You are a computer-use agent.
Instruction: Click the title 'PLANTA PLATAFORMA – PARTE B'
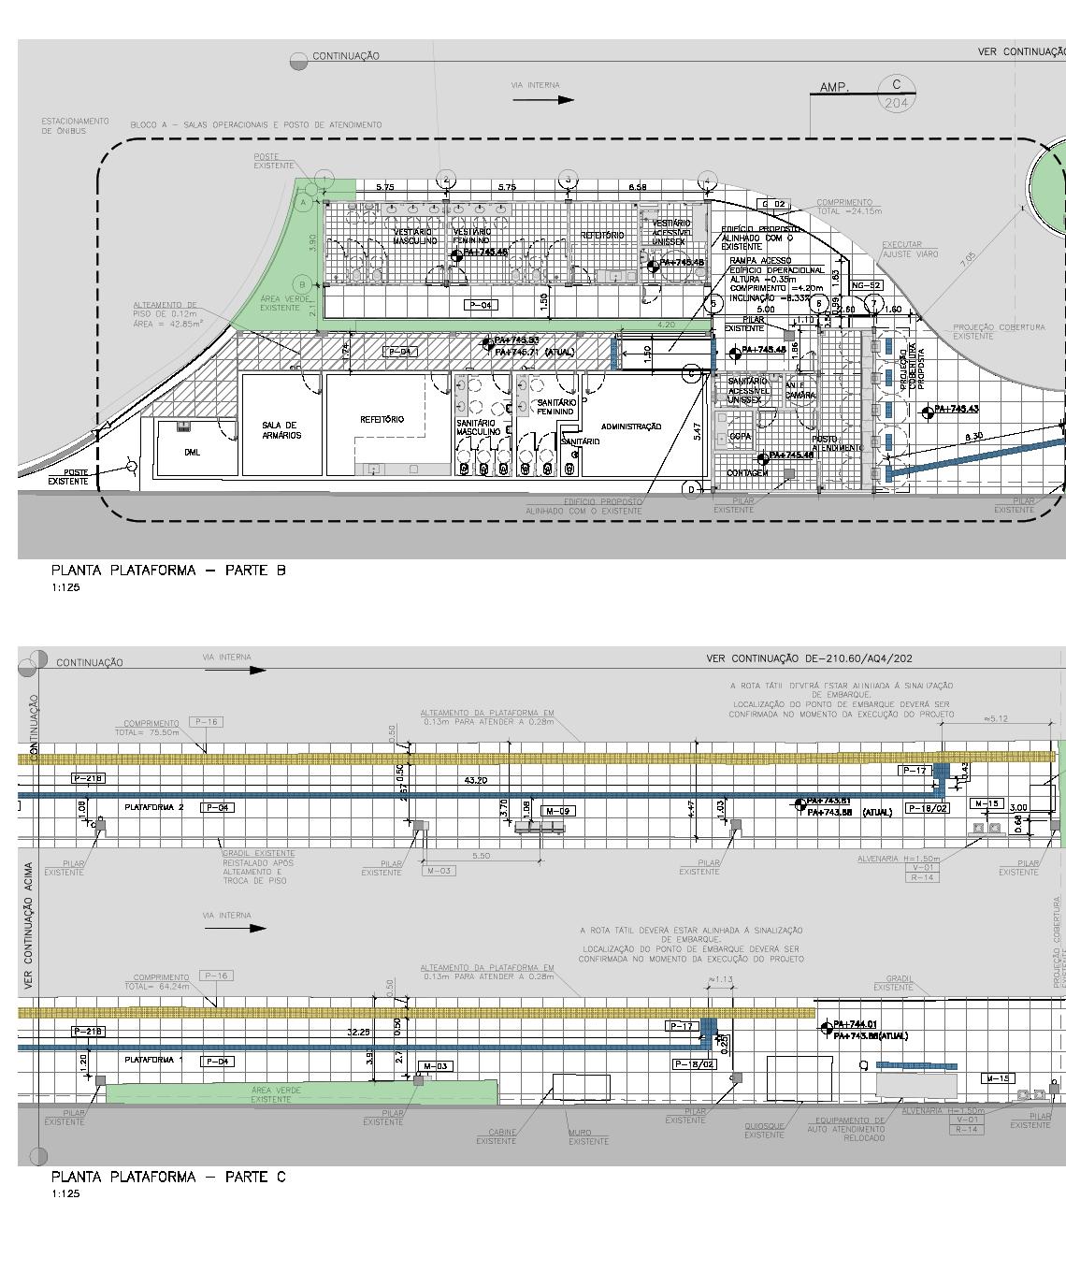pos(168,571)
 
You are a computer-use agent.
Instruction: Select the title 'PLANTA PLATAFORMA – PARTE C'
pos(168,1177)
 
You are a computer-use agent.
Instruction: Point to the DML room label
pos(193,452)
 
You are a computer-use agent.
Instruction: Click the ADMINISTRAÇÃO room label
pos(631,426)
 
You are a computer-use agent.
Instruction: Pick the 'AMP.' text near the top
pos(834,88)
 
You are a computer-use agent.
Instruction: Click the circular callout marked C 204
pos(896,93)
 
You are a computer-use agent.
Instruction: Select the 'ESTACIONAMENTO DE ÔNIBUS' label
pos(75,125)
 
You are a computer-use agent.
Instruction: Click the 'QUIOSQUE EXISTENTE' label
pos(764,1131)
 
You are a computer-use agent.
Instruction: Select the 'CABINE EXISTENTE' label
pos(496,1136)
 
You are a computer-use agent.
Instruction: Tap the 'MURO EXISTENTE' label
pos(588,1136)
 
